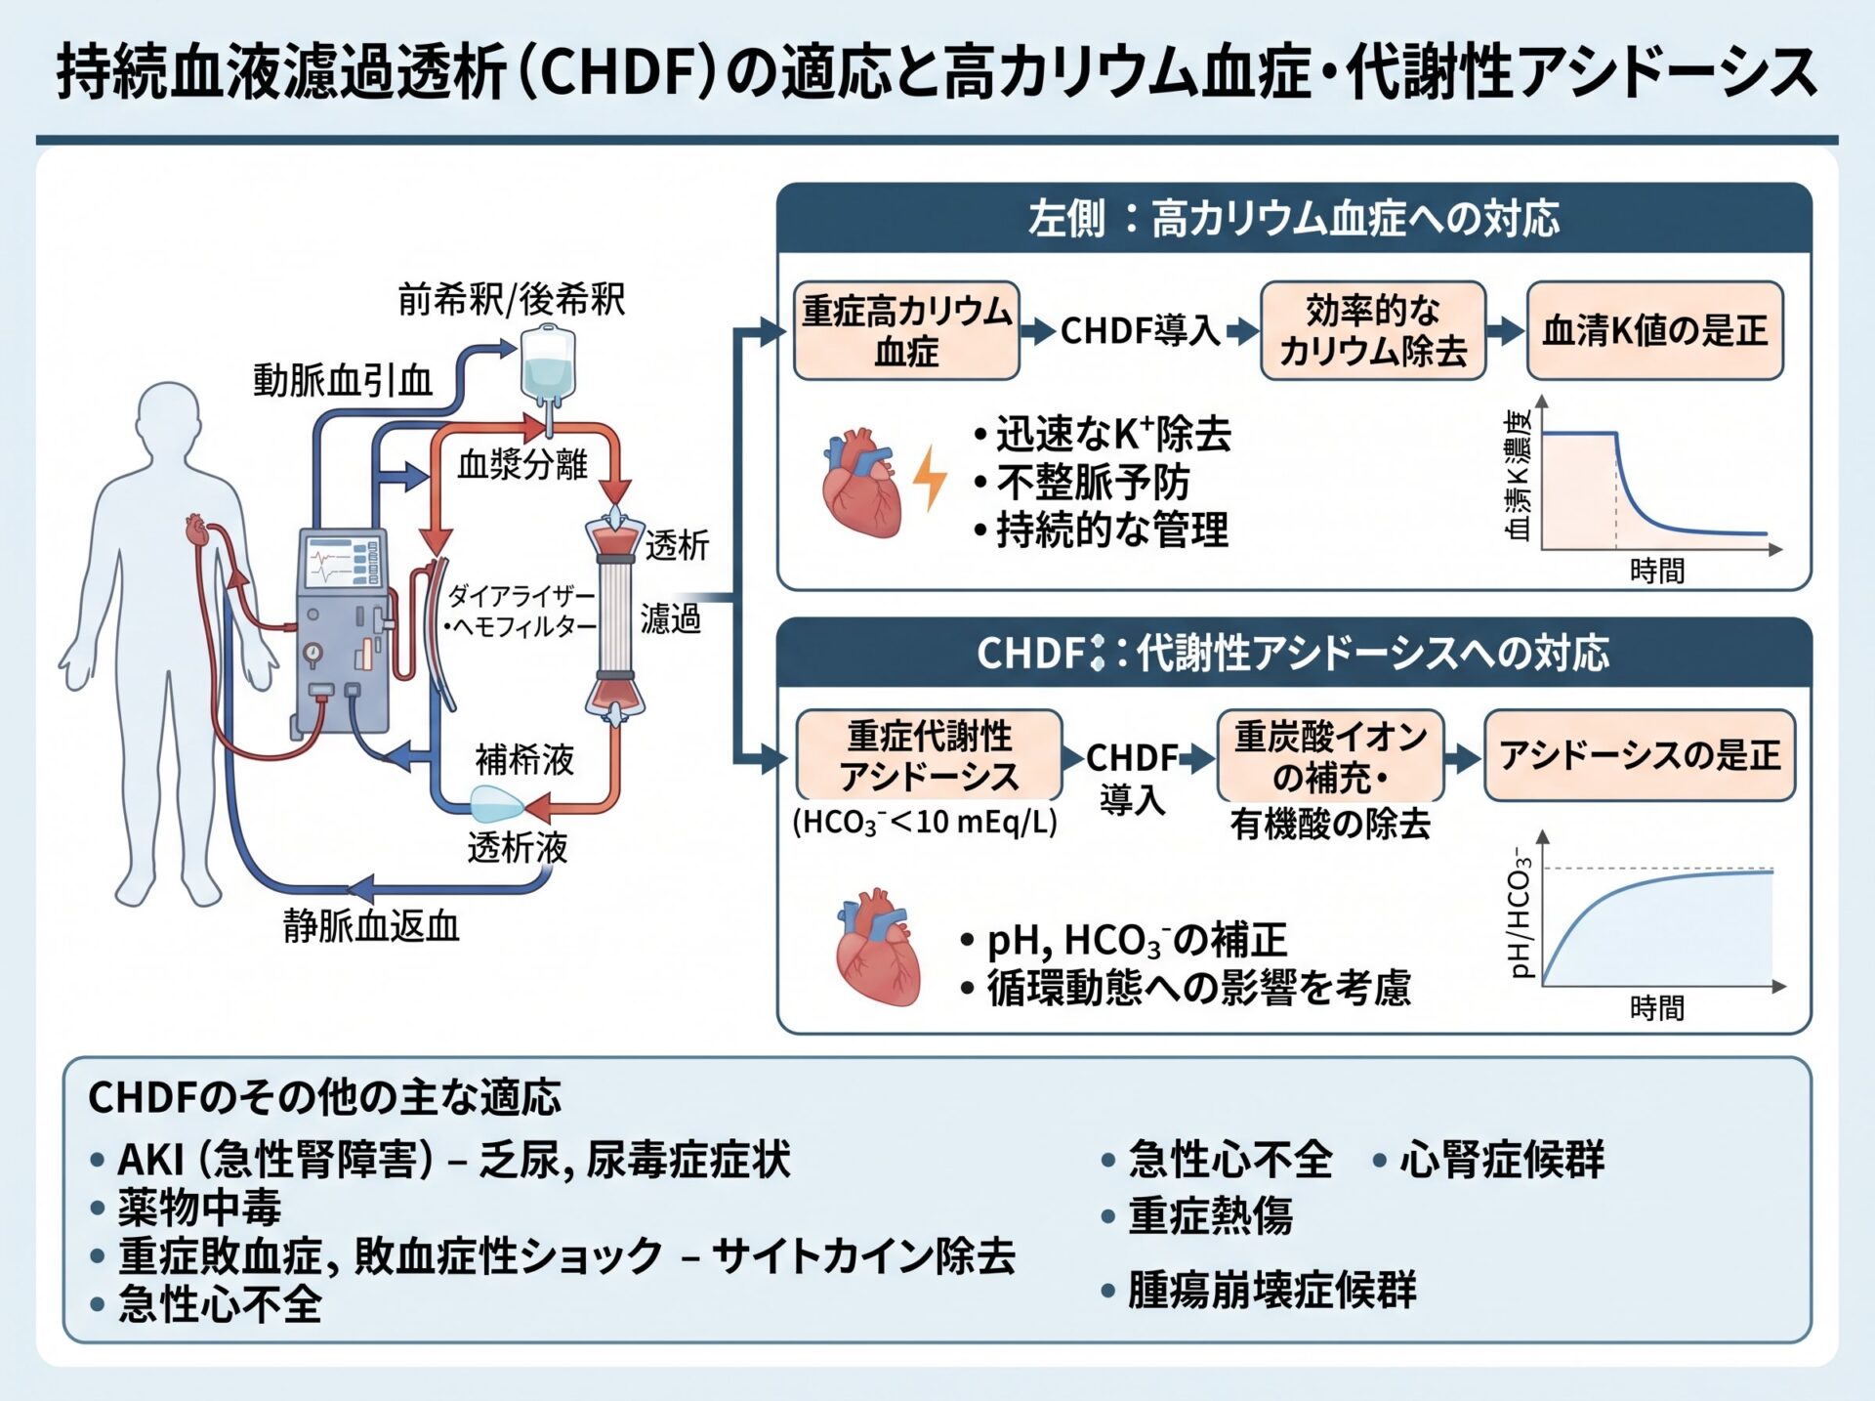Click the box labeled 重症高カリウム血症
pos(906,330)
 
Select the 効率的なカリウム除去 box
pos(1373,330)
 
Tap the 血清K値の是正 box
pos(1655,330)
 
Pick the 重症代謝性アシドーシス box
pos(929,755)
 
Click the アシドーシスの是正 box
pos(1640,755)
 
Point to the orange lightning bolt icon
pos(930,479)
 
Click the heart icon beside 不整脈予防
pos(860,483)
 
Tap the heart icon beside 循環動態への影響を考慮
pos(878,947)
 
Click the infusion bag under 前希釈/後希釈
pos(549,366)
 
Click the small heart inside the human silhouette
pos(196,531)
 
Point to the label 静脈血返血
pos(371,925)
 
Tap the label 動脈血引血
pos(343,379)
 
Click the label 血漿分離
pos(522,464)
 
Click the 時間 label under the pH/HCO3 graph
pos(1657,1007)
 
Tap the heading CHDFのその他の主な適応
pos(325,1097)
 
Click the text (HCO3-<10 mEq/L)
pos(925,822)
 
